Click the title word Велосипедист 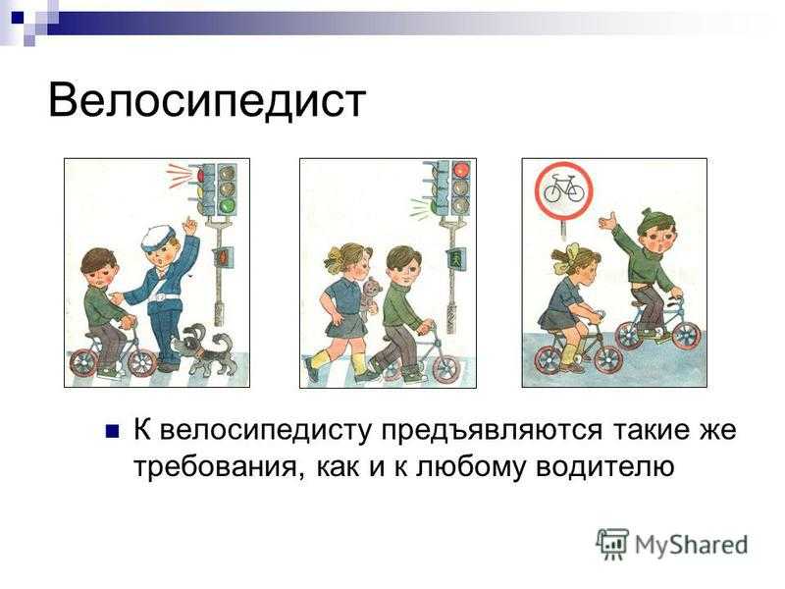coord(207,100)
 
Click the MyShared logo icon coord(611,544)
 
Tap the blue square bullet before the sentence coord(112,432)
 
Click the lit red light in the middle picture coord(460,171)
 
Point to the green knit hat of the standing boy coord(654,220)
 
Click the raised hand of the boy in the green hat coord(607,221)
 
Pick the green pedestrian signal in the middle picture coord(455,259)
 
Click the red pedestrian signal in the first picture coord(222,257)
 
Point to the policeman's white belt coord(163,297)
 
